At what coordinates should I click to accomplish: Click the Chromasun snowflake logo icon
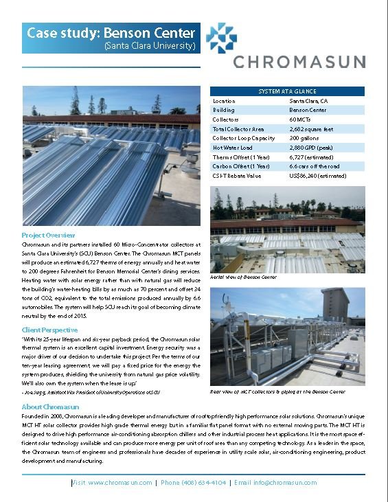click(221, 38)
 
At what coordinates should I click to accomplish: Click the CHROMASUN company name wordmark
click(298, 62)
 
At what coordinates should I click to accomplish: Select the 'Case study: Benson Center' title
click(111, 33)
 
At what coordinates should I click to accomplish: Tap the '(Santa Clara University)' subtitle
click(150, 46)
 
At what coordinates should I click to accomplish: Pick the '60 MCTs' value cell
click(302, 119)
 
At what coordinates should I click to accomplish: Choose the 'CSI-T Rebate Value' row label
click(237, 175)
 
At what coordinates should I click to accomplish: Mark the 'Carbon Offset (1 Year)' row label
click(241, 166)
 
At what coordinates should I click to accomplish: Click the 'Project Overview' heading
click(49, 235)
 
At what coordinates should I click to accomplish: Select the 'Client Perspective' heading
click(52, 330)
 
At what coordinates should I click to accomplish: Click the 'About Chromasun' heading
click(50, 407)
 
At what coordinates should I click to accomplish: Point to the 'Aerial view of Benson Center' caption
click(243, 277)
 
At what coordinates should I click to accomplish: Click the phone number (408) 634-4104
click(192, 483)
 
